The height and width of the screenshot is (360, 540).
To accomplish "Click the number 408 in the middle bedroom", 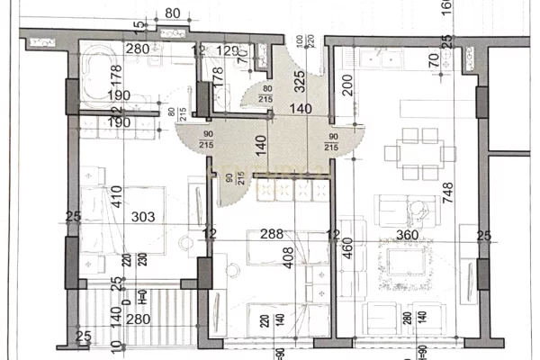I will [262, 259].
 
